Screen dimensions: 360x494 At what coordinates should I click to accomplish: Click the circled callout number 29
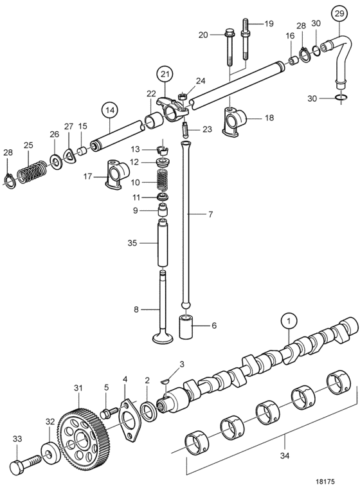[339, 14]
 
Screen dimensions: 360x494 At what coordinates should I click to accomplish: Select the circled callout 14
[109, 111]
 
